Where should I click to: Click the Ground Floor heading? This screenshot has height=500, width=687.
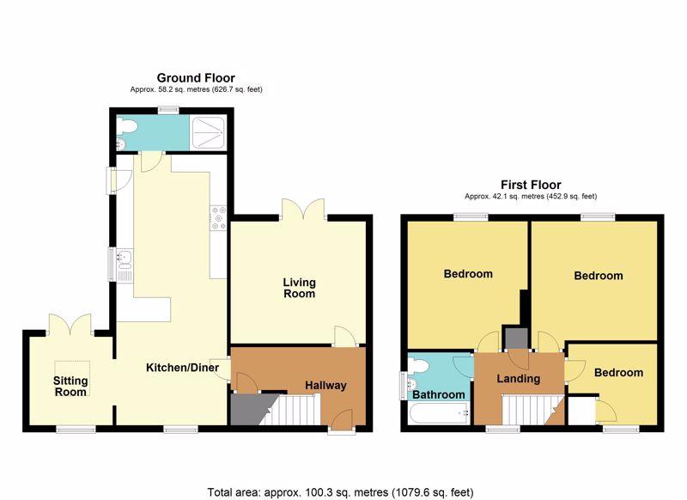196,78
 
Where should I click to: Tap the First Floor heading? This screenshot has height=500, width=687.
531,185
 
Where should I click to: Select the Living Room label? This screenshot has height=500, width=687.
299,288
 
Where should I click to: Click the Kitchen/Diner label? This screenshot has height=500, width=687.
182,367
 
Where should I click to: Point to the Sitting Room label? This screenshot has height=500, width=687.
70,386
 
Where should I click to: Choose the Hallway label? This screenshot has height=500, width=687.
325,385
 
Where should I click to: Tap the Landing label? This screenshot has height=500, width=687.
519,378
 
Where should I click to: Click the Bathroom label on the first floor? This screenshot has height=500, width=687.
439,394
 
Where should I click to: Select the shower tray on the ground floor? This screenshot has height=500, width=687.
208,133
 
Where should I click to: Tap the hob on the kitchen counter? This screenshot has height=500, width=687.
218,218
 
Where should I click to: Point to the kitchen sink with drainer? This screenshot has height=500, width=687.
125,265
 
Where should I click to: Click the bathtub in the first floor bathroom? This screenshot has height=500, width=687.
439,413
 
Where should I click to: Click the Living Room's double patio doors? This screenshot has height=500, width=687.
303,210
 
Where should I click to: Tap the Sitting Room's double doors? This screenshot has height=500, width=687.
70,325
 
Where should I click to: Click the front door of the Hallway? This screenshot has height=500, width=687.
342,420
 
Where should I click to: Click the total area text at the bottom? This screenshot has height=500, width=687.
340,492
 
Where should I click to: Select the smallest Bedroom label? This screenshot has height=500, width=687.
618,373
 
